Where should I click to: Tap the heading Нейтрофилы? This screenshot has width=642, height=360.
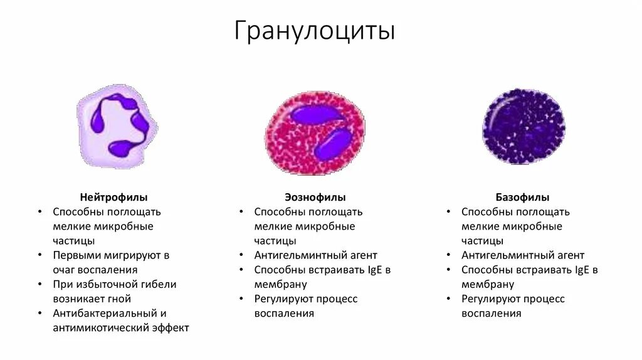tap(113, 197)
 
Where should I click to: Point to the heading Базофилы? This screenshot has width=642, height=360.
tap(522, 197)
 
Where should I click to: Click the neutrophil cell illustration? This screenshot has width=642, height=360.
tap(117, 127)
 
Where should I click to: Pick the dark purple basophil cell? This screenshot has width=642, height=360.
tap(524, 126)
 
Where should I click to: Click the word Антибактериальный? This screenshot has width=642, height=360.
tap(102, 313)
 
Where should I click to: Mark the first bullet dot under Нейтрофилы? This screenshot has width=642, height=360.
tap(40, 212)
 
